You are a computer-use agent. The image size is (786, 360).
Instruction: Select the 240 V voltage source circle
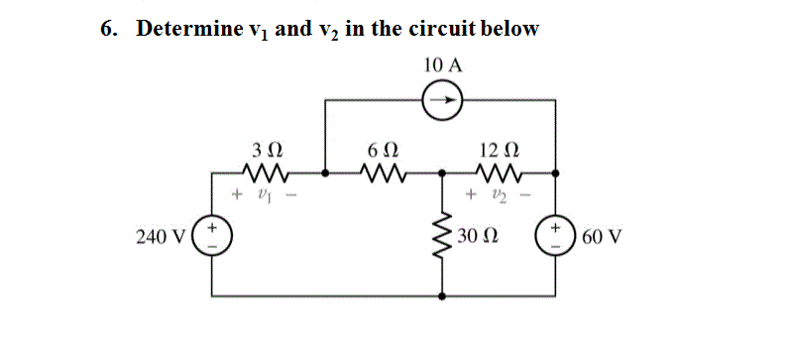click(x=212, y=238)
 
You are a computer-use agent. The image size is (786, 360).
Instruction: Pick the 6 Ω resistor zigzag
click(x=382, y=174)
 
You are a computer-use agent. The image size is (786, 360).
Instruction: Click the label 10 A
click(x=442, y=64)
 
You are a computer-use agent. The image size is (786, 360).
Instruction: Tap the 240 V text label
click(x=158, y=238)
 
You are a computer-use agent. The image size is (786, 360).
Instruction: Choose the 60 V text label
click(x=601, y=238)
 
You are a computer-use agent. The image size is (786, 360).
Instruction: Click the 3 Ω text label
click(x=268, y=151)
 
